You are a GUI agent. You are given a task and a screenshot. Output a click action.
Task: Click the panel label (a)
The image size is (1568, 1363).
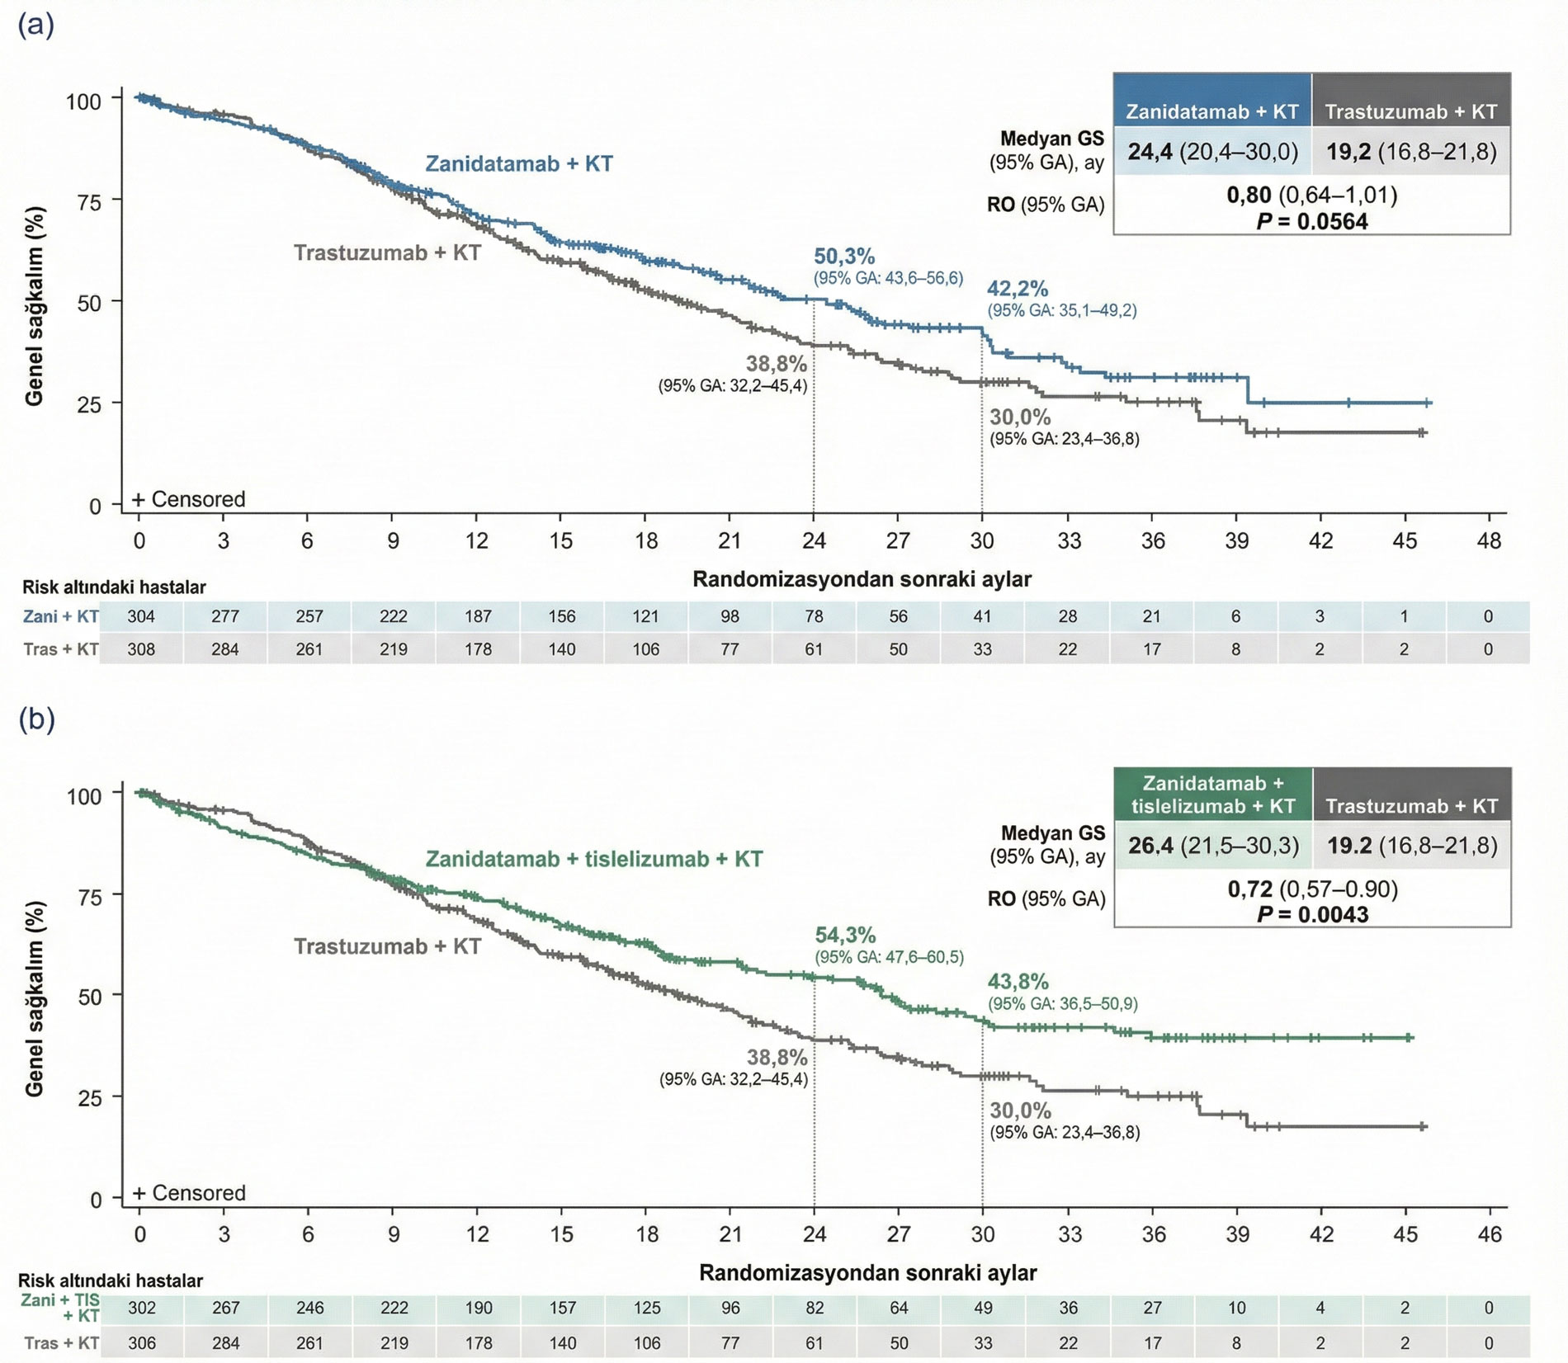click(x=36, y=25)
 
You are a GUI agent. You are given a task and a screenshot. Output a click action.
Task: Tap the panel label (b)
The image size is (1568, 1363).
click(x=36, y=719)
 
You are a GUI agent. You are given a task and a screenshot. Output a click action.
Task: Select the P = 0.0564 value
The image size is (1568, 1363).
click(x=1311, y=221)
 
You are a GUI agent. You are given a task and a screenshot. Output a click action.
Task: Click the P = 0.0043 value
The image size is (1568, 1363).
click(x=1311, y=914)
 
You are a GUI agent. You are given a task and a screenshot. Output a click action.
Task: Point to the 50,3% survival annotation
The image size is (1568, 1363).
click(x=844, y=257)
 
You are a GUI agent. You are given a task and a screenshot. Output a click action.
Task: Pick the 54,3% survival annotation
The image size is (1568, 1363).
click(x=845, y=935)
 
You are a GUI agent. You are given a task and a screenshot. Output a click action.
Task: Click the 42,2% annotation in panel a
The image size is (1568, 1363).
click(x=1018, y=289)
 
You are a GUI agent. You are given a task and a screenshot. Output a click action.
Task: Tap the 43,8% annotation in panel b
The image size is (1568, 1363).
click(x=1018, y=982)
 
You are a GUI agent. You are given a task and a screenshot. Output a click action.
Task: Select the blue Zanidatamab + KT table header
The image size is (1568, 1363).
click(x=1211, y=111)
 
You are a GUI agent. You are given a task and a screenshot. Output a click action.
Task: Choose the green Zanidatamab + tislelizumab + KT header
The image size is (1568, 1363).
click(x=1212, y=795)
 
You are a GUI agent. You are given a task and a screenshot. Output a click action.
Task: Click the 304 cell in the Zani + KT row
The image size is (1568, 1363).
click(x=141, y=616)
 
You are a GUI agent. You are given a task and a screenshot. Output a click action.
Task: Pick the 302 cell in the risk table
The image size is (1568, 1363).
click(x=141, y=1308)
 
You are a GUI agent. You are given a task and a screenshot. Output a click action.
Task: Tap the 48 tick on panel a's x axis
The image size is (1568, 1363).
click(x=1489, y=541)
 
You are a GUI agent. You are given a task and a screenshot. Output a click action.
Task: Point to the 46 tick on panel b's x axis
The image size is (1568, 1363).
click(x=1490, y=1234)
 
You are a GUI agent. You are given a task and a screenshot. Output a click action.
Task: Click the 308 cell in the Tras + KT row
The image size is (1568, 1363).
click(x=141, y=649)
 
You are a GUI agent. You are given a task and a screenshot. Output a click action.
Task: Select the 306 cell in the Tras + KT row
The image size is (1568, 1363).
click(x=141, y=1343)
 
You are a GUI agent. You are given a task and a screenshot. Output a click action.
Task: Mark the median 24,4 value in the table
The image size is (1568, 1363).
click(x=1150, y=152)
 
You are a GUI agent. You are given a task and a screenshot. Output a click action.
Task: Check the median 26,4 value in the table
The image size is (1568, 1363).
click(x=1151, y=846)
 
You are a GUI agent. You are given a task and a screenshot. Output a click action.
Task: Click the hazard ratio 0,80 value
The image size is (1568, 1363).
click(x=1249, y=196)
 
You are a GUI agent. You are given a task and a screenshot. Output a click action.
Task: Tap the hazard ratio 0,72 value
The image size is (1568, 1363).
click(x=1249, y=889)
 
